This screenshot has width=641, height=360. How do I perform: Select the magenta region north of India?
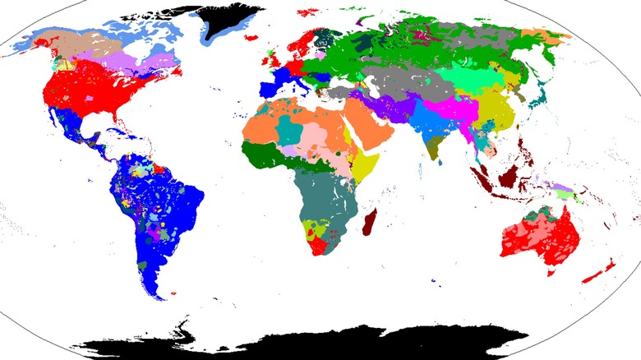448,109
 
